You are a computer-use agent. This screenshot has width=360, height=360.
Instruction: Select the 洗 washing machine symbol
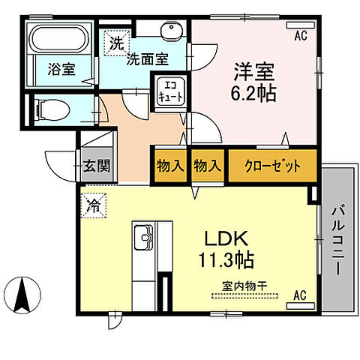(x=116, y=43)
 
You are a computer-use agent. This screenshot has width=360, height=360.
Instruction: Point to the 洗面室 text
(x=145, y=59)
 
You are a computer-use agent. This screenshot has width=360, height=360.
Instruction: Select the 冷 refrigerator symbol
(x=94, y=202)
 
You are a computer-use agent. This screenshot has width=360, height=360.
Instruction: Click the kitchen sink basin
(x=142, y=241)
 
